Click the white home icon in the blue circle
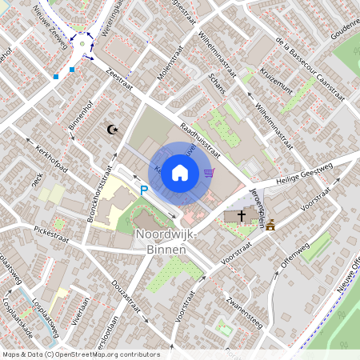pyautogui.click(x=180, y=173)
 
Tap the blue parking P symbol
pyautogui.click(x=144, y=190)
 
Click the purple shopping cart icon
pyautogui.click(x=209, y=172)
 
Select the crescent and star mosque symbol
pyautogui.click(x=112, y=129)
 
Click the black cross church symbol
pyautogui.click(x=241, y=216)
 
